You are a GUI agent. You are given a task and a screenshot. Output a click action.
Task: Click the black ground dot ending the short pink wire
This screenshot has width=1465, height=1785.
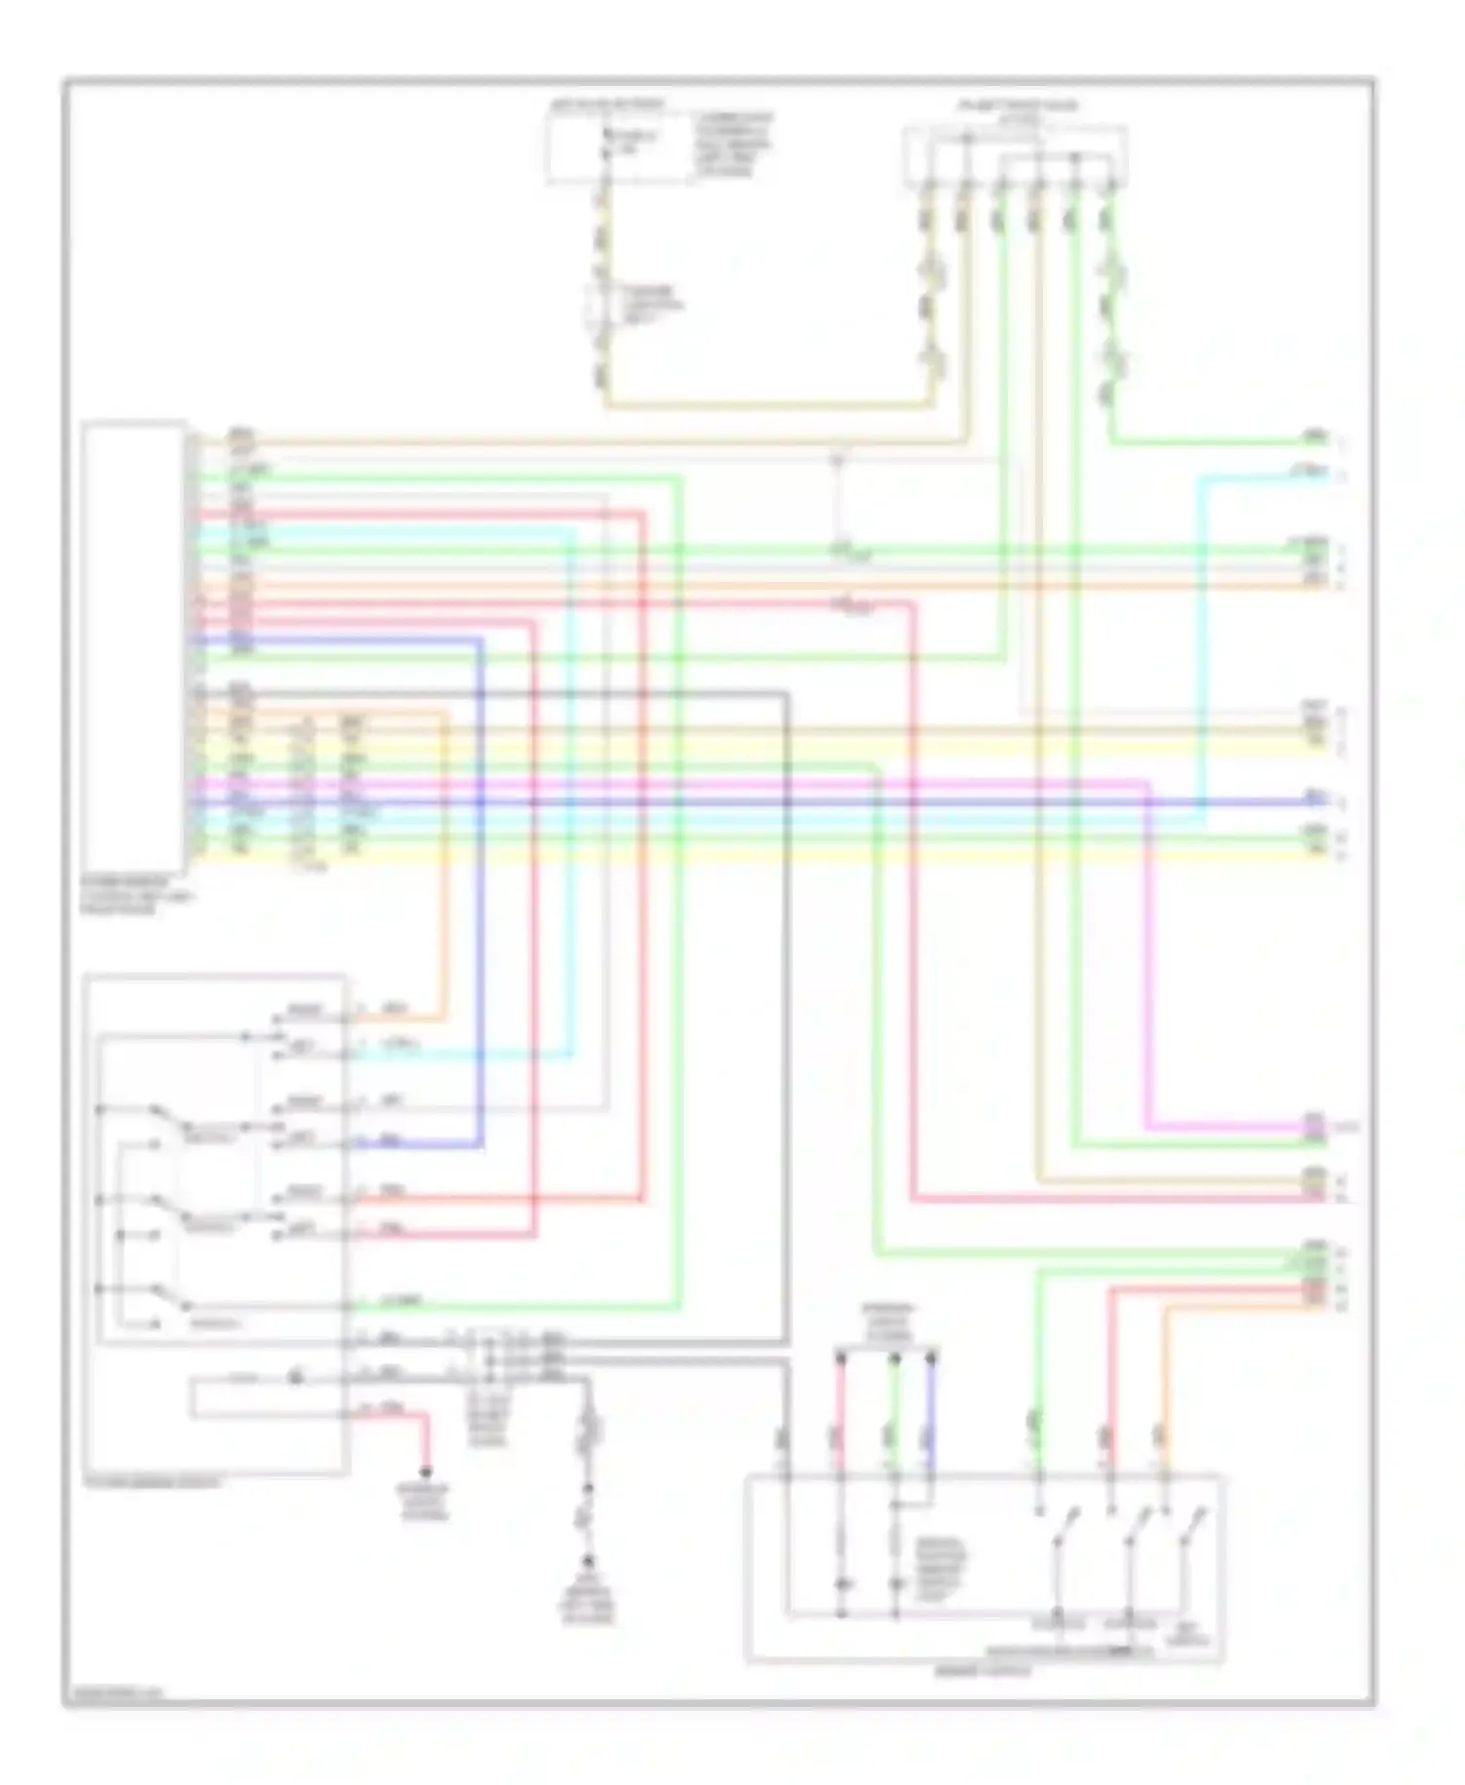pos(426,1472)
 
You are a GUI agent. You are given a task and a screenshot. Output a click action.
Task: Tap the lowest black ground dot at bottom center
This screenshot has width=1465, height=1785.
pos(588,1560)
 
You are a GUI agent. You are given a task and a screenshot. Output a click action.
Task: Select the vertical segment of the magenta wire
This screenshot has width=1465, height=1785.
pos(1147,957)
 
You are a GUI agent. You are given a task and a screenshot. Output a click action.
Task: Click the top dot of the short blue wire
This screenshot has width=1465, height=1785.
pos(931,1356)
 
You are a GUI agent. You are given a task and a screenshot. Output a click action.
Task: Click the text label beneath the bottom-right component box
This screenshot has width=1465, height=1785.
pos(983,1672)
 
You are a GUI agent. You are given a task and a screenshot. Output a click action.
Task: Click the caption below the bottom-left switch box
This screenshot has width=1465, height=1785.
pos(151,1482)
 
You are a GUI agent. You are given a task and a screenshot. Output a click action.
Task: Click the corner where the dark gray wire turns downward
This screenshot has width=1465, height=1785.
pos(786,693)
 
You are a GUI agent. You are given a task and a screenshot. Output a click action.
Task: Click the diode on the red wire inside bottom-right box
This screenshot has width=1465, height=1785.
pos(841,1583)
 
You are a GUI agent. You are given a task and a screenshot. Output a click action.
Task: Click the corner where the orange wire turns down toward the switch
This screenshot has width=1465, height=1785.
pos(447,715)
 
